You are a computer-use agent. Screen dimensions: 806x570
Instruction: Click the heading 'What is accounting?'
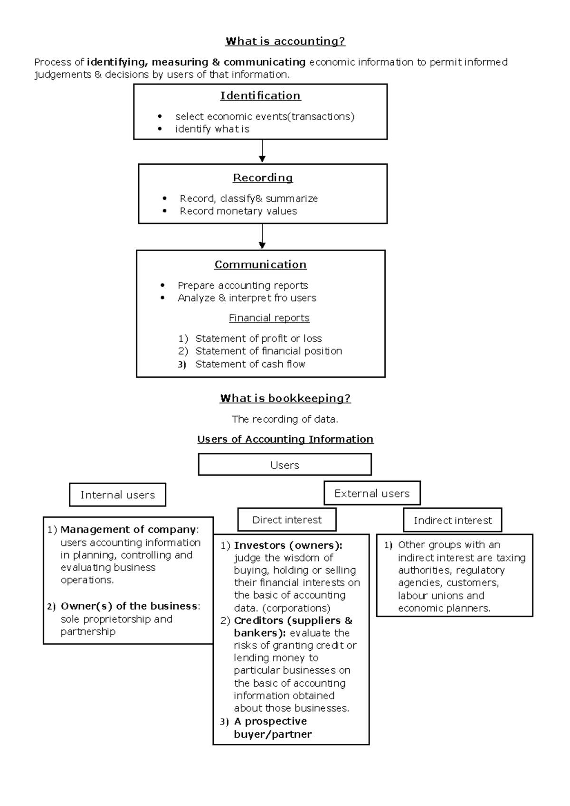point(285,41)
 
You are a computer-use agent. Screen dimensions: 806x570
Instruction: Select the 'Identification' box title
point(260,96)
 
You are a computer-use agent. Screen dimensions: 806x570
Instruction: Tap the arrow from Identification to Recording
point(262,151)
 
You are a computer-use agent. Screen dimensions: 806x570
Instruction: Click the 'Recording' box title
point(263,178)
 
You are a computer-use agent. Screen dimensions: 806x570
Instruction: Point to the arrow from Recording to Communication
point(262,236)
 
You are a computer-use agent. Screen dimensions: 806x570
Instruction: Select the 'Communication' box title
point(260,265)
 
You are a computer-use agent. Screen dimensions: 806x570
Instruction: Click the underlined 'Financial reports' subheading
point(269,318)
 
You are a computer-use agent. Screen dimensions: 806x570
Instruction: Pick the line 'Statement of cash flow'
point(250,364)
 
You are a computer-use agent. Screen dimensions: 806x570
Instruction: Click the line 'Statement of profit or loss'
point(258,338)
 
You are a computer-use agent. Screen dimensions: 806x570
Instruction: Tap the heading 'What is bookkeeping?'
point(285,398)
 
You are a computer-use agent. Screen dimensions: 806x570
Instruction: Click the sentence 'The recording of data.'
point(285,419)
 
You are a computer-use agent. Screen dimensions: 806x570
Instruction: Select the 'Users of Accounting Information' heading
point(285,440)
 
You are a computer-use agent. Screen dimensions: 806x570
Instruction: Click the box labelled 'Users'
point(285,465)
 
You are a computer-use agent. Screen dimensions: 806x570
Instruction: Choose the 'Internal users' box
point(117,495)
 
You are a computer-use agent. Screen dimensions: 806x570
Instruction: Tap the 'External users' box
point(372,493)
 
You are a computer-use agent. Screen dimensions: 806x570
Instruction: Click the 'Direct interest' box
point(287,520)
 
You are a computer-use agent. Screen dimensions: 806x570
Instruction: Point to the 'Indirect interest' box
point(453,520)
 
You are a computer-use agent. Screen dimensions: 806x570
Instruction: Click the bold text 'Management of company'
point(128,530)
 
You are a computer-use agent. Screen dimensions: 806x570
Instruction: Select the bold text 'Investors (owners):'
point(288,545)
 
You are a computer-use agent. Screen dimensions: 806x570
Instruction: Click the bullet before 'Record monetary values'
point(165,211)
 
